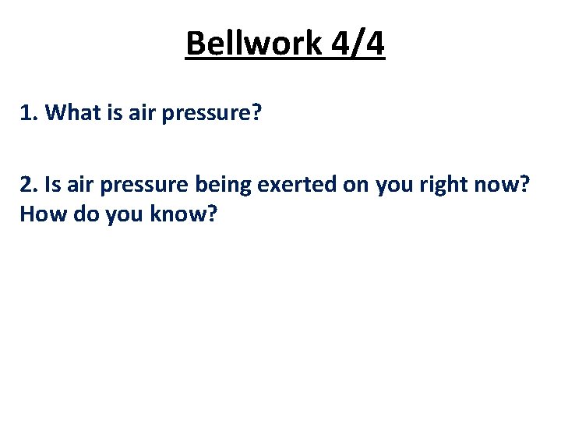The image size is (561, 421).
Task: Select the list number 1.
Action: [29, 113]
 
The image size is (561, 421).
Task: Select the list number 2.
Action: [29, 186]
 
